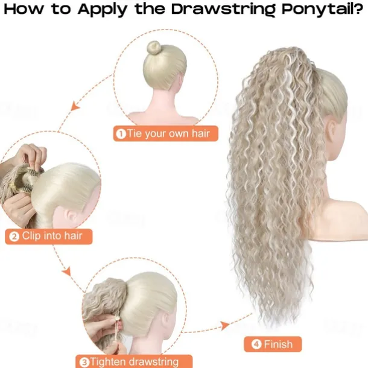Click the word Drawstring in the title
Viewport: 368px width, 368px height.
[x=224, y=10]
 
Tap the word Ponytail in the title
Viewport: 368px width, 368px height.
[x=317, y=10]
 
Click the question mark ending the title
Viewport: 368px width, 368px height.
[x=358, y=8]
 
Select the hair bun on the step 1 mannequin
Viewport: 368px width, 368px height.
[x=154, y=48]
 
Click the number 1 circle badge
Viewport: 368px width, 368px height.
[x=121, y=134]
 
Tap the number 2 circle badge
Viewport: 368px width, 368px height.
[x=14, y=236]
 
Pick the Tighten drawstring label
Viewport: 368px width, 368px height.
[x=134, y=361]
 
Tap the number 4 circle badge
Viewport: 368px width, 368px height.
[x=256, y=344]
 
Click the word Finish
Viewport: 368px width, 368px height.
[x=279, y=344]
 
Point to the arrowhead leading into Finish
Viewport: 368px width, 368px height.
[x=225, y=326]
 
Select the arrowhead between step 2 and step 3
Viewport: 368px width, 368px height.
[x=66, y=271]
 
